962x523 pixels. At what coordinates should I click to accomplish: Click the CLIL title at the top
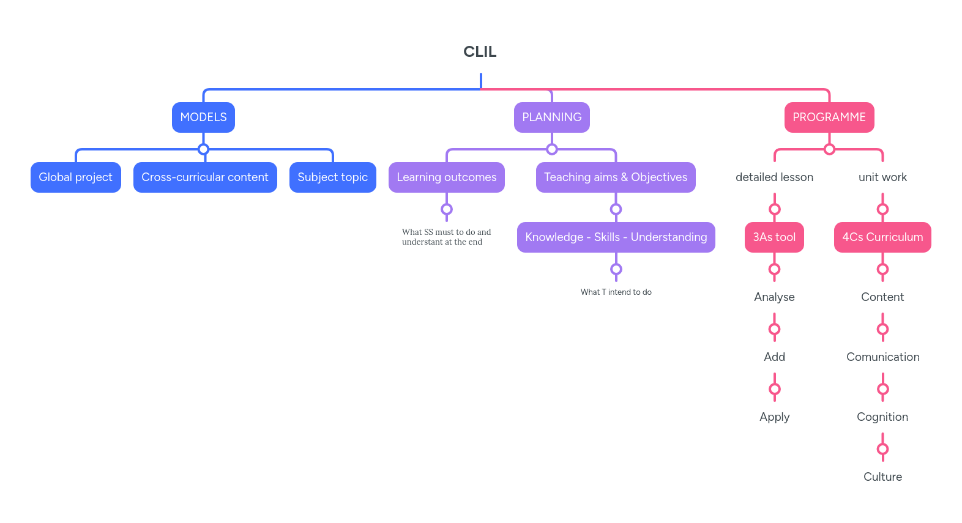tap(480, 52)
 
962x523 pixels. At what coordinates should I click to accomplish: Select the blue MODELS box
tap(203, 117)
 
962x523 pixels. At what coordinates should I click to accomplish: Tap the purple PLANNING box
tap(551, 117)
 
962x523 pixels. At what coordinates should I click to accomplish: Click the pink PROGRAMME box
tap(829, 117)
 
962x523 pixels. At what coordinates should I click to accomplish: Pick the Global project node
tap(75, 177)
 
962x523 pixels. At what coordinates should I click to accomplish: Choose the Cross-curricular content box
tap(205, 177)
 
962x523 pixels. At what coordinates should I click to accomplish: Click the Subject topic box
tap(332, 177)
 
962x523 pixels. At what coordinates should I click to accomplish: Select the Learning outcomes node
tap(446, 177)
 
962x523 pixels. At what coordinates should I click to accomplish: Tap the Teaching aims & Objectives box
tap(615, 177)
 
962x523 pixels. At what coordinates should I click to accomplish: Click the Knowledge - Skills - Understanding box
tap(616, 237)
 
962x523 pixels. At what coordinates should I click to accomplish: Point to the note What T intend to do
tap(616, 292)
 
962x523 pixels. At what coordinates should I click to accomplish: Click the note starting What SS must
tap(446, 237)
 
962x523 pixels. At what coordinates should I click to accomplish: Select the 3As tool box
tap(774, 237)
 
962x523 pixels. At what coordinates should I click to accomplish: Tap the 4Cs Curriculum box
tap(882, 237)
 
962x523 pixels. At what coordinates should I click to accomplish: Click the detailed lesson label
tap(774, 177)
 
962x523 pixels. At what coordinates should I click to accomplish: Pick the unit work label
tap(882, 177)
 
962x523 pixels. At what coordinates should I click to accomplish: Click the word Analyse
tap(774, 297)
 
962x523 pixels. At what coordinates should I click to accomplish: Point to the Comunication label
tap(882, 357)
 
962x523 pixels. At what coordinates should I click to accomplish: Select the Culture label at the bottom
tap(882, 477)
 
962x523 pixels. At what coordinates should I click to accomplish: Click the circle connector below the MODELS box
tap(204, 149)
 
